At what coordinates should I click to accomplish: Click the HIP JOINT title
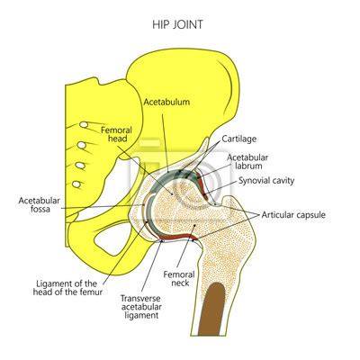click(x=177, y=24)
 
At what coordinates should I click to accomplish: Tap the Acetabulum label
click(x=166, y=102)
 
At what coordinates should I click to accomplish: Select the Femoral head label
click(x=116, y=134)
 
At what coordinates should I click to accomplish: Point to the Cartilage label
click(x=239, y=139)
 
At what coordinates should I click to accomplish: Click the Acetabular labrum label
click(x=247, y=161)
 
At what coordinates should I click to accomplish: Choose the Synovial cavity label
click(x=266, y=181)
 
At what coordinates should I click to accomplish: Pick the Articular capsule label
click(x=293, y=215)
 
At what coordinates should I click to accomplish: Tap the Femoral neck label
click(x=179, y=278)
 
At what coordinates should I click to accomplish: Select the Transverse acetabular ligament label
click(x=140, y=307)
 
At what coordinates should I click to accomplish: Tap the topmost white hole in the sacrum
click(x=84, y=124)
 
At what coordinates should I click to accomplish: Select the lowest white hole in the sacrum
click(x=77, y=184)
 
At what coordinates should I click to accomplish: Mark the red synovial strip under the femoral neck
click(x=178, y=236)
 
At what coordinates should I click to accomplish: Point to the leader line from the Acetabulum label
click(x=166, y=143)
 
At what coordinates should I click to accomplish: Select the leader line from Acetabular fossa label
click(x=103, y=207)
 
